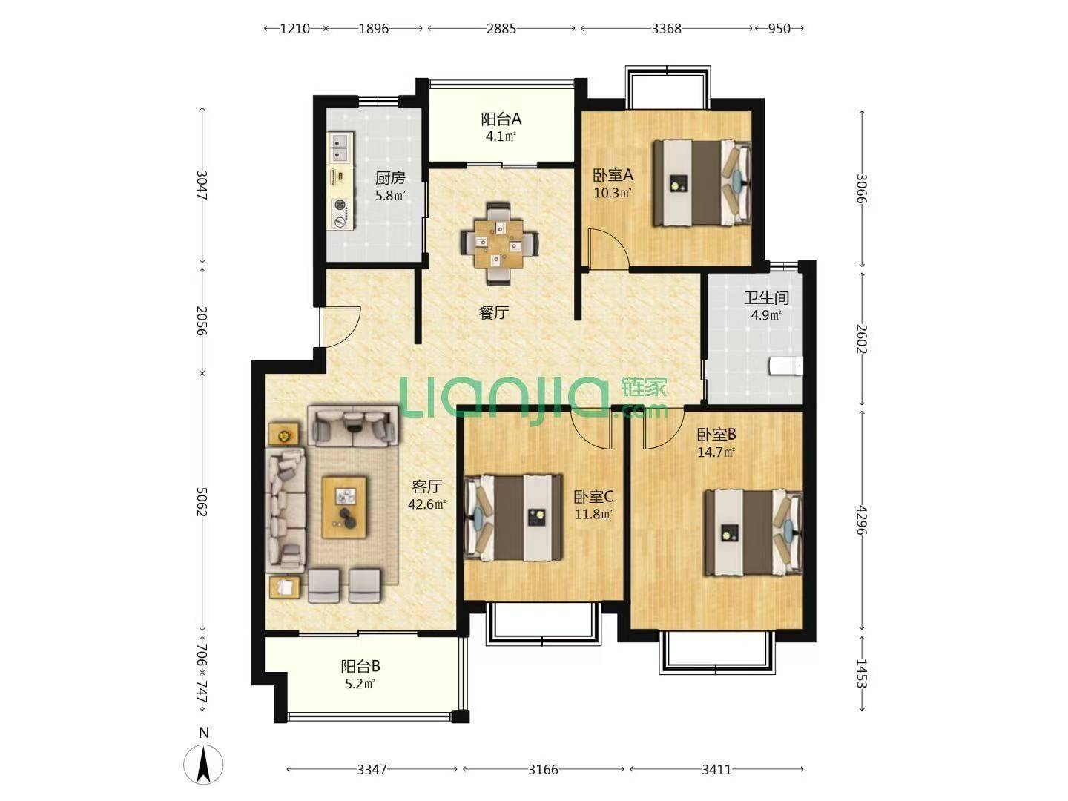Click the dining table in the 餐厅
click(x=499, y=243)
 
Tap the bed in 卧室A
click(x=702, y=183)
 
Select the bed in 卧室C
click(x=514, y=518)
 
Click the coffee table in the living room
click(x=344, y=508)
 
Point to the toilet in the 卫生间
click(x=785, y=366)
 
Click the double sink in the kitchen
click(x=340, y=148)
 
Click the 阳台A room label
click(x=501, y=119)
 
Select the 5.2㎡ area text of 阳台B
click(x=360, y=684)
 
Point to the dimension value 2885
click(x=501, y=29)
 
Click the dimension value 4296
click(x=862, y=520)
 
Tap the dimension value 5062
click(x=202, y=502)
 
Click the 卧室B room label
click(x=716, y=434)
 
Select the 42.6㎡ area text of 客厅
click(x=426, y=504)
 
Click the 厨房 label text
click(x=390, y=178)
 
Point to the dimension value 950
click(x=779, y=29)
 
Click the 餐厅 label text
click(x=494, y=312)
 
